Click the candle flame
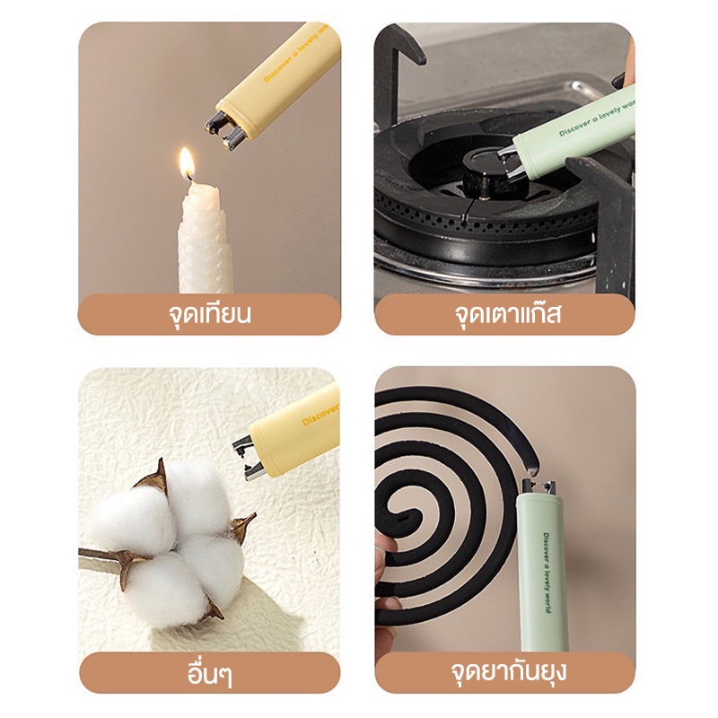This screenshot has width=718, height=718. tap(187, 163)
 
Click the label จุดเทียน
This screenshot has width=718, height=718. tap(208, 315)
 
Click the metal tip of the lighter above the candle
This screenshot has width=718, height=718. tap(224, 131)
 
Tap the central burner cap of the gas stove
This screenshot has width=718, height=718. tap(485, 171)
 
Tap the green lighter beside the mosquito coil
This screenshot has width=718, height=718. tap(542, 565)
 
